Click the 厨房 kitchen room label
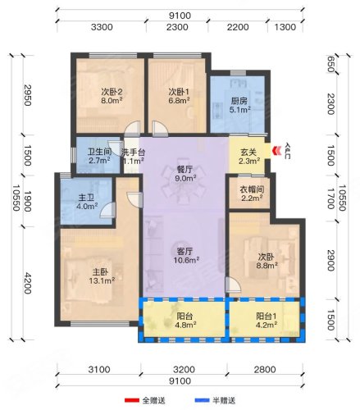239,101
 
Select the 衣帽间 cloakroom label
252,189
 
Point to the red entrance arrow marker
276,151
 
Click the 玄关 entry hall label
248,152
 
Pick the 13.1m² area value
102,280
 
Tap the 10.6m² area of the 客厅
186,260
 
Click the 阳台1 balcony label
267,317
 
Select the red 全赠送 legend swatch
131,400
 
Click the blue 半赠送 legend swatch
202,400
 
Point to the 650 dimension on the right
331,64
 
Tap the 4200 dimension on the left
28,283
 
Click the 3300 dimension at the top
102,27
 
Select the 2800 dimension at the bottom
265,370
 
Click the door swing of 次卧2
133,128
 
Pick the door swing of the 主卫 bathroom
108,210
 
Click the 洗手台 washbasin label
134,153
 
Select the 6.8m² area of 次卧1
179,101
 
